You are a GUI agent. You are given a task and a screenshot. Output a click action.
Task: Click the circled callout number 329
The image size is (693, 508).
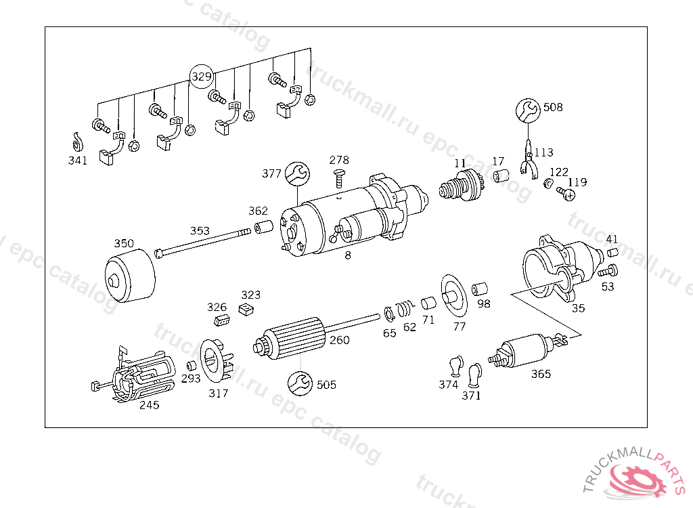click(x=201, y=77)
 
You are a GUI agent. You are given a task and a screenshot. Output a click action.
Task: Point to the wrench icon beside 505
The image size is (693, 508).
click(x=300, y=383)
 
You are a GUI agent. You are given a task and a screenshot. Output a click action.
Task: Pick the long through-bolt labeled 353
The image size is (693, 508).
click(x=203, y=243)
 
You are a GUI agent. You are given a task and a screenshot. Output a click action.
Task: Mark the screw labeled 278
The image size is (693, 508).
click(x=338, y=179)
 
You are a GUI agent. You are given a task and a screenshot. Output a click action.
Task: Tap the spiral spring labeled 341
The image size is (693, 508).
click(x=77, y=143)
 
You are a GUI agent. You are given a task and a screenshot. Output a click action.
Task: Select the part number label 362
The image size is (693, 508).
click(x=258, y=211)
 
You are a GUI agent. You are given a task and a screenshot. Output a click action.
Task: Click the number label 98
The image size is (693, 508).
click(x=483, y=303)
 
